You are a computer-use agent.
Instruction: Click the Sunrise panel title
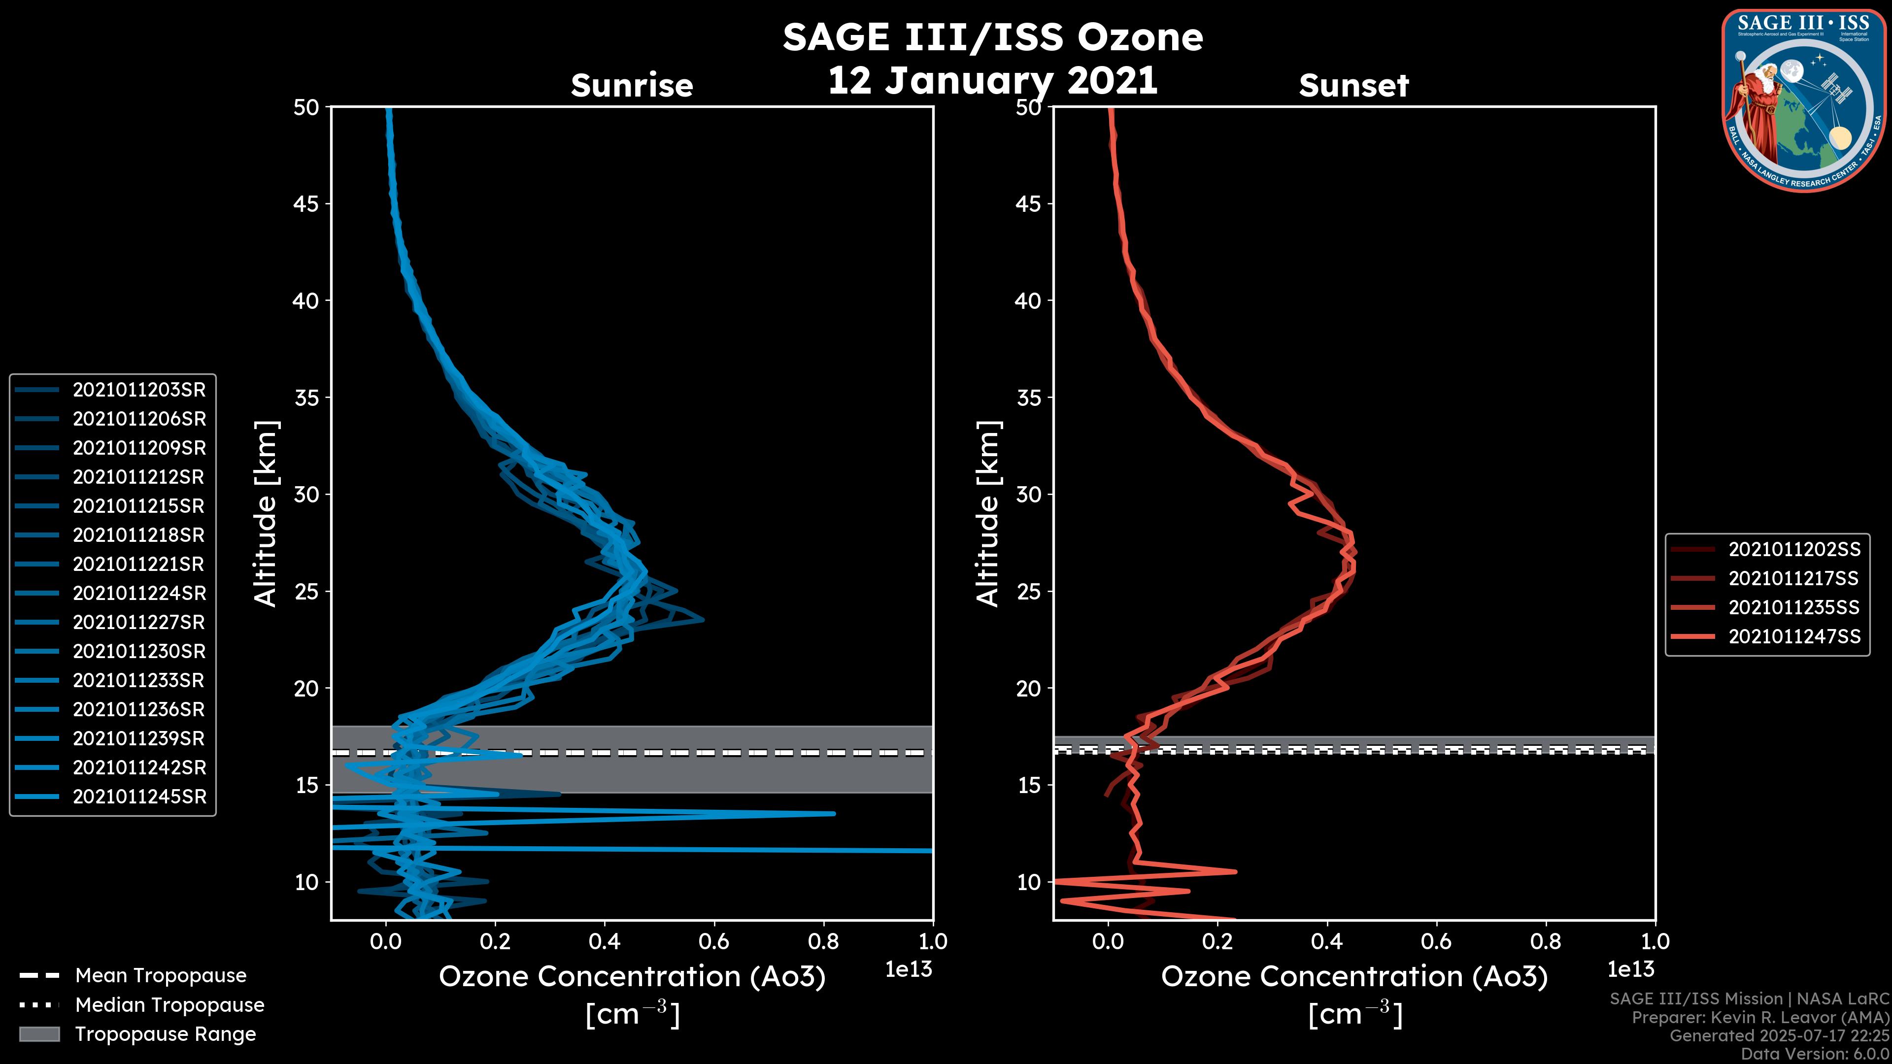click(632, 86)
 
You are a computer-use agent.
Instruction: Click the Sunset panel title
click(1353, 86)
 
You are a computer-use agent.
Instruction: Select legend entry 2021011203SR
click(139, 390)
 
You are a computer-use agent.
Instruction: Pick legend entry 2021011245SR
click(139, 797)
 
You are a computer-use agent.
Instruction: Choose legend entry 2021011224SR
click(139, 593)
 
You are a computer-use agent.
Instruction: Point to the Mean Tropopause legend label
click(161, 976)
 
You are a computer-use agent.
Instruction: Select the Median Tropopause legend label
click(169, 1005)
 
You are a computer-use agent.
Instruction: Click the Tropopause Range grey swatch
click(39, 1034)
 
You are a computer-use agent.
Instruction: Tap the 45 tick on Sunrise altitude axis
click(306, 204)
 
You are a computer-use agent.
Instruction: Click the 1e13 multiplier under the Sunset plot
click(1630, 970)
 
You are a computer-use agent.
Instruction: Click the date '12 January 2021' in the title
click(992, 81)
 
